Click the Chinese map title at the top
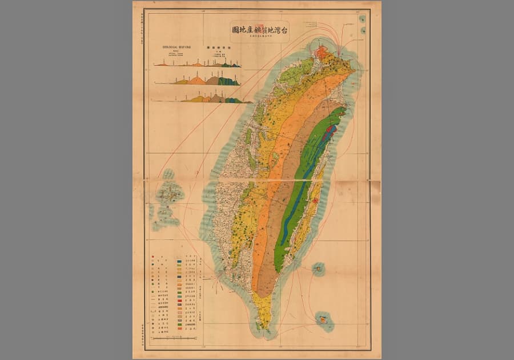[x=259, y=30]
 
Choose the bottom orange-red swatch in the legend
[x=179, y=328]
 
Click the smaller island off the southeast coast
[x=318, y=268]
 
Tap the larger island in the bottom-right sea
[x=324, y=321]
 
